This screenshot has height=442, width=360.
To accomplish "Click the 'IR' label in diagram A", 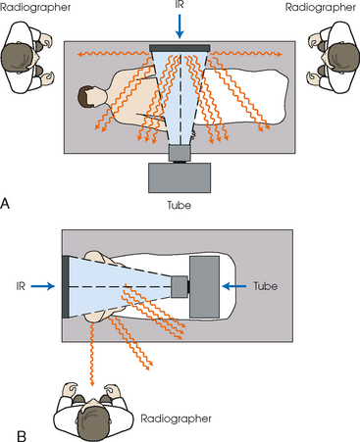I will coord(179,9).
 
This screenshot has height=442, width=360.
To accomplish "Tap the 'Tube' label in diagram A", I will coord(179,208).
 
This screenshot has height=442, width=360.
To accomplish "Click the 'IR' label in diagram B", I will coord(20,286).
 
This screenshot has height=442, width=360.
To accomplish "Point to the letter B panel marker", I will coord(8,429).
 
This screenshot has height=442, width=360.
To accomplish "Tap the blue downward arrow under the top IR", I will coord(179,29).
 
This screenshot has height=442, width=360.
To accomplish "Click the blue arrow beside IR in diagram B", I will coord(44,286).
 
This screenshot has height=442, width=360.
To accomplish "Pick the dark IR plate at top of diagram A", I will coord(179,47).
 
